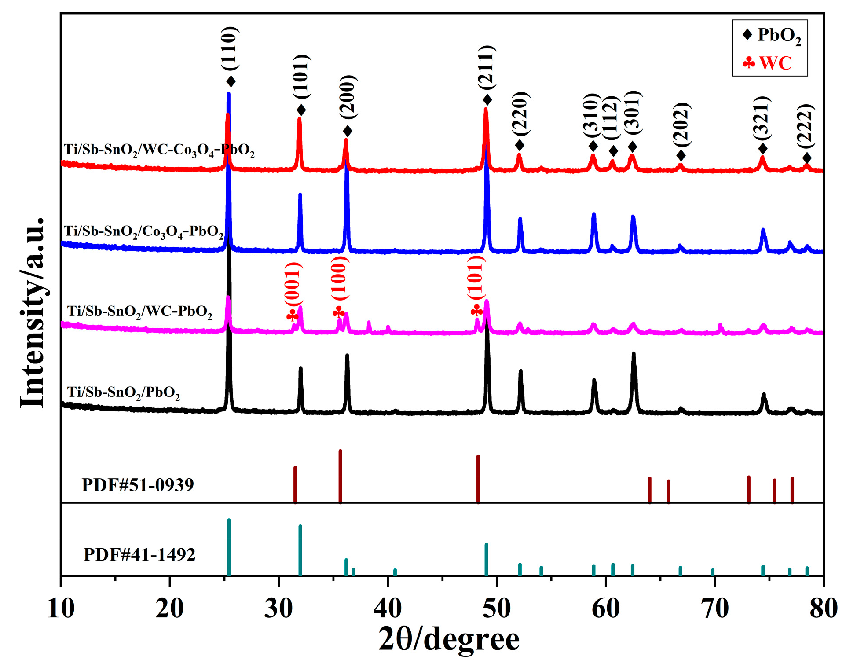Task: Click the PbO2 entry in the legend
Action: (772, 35)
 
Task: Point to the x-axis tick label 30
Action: (278, 608)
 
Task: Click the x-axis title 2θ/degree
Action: (449, 639)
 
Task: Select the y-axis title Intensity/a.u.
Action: (33, 312)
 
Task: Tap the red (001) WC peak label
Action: (293, 284)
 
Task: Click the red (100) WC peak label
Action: (340, 278)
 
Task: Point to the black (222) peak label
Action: (806, 127)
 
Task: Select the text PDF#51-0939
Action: (138, 485)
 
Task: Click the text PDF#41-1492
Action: (139, 554)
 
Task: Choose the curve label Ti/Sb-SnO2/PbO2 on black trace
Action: (123, 392)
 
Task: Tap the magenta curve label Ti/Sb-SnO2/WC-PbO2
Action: (139, 312)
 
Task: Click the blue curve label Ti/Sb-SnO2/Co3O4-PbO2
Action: (144, 231)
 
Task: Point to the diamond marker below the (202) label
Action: (681, 156)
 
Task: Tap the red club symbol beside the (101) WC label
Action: (476, 312)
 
